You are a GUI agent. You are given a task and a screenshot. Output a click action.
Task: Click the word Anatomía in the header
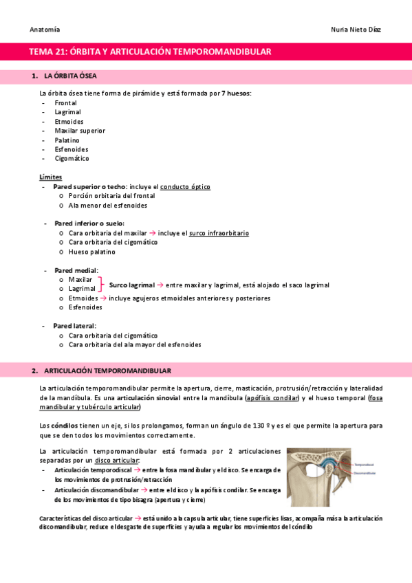pos(45,30)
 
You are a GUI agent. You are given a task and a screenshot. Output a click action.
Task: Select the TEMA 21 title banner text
pos(150,52)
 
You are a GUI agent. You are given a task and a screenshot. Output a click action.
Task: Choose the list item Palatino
pos(67,140)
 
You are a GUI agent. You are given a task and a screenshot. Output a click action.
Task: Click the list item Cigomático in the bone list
pos(72,158)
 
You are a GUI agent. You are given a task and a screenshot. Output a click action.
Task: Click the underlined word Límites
pos(50,177)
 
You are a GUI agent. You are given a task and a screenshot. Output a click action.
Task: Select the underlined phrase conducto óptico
pos(186,186)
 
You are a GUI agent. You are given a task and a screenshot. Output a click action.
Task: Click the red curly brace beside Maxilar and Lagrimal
pos(102,285)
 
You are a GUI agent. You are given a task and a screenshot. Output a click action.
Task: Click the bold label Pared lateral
pos(74,326)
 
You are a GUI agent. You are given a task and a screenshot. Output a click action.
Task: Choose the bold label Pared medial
pos(76,270)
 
